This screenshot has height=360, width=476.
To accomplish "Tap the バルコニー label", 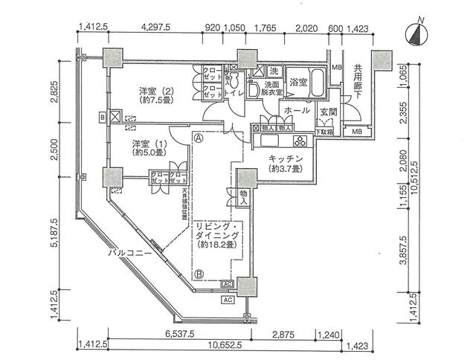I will click(x=130, y=253).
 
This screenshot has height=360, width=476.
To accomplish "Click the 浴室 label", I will click(x=299, y=82).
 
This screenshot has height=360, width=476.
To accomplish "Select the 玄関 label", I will click(x=329, y=112).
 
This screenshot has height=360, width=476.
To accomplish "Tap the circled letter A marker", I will click(x=199, y=138).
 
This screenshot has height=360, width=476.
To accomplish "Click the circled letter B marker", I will click(x=199, y=273).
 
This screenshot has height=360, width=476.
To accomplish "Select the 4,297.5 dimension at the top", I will click(x=157, y=28).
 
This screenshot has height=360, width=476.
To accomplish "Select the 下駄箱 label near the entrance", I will click(x=324, y=132).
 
